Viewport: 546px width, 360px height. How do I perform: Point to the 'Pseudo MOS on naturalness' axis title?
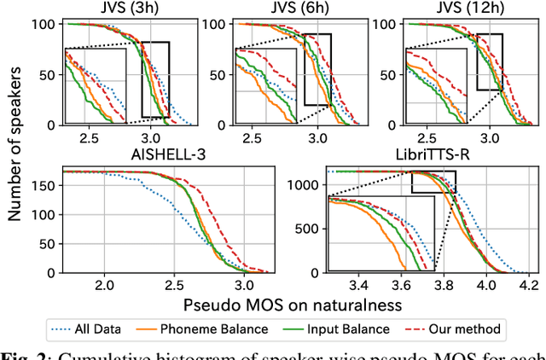coord(290,303)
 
